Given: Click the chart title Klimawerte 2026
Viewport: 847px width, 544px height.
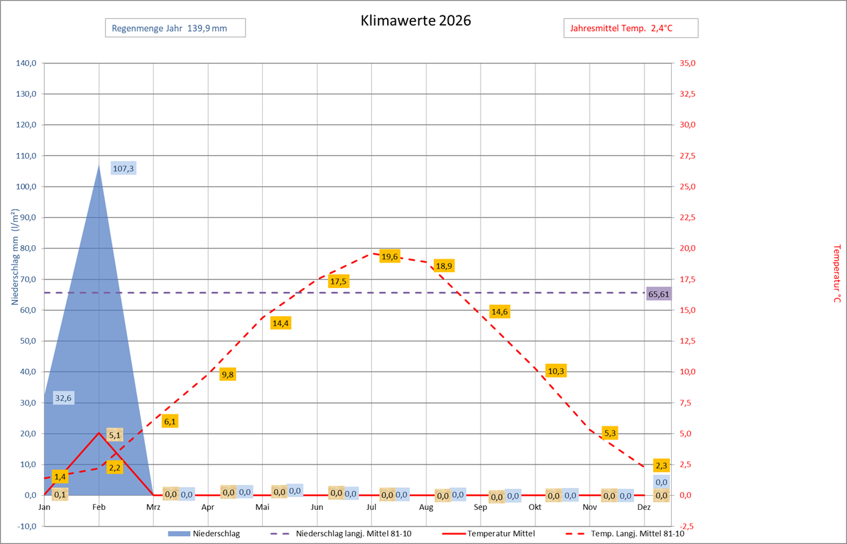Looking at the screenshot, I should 415,20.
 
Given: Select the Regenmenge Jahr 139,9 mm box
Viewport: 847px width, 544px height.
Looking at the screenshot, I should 175,28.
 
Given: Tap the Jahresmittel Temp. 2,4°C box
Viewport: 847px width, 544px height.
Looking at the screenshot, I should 631,28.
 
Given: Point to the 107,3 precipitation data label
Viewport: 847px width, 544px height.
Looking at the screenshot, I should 124,168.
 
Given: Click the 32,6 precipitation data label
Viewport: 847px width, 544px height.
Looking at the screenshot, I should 63,398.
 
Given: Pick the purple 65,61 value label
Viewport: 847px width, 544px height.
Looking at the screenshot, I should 658,293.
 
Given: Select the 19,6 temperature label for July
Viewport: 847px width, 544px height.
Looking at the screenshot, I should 389,256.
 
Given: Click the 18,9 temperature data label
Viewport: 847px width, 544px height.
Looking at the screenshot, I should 444,266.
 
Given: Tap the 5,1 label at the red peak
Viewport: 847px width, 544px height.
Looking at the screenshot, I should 114,436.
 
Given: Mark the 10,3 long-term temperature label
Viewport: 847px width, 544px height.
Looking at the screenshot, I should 556,371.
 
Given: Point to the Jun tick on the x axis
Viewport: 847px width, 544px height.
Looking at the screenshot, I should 317,507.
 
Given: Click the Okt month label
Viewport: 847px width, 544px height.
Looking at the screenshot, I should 535,507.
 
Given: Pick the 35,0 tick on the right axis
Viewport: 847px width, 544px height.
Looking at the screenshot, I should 688,63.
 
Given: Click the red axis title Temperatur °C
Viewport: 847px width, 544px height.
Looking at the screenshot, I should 836,273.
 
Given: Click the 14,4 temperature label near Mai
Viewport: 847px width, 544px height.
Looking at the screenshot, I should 281,323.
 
